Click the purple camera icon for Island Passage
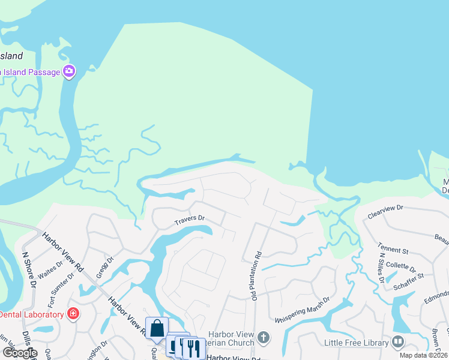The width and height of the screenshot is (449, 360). [69, 72]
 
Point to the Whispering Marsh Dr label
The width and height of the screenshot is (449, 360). [303, 309]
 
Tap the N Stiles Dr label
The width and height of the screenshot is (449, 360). [381, 268]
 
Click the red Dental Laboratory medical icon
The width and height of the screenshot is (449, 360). [73, 314]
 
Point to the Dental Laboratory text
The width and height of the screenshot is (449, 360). [31, 314]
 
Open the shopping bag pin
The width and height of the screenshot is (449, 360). [157, 329]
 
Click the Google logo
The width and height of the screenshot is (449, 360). [20, 353]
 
